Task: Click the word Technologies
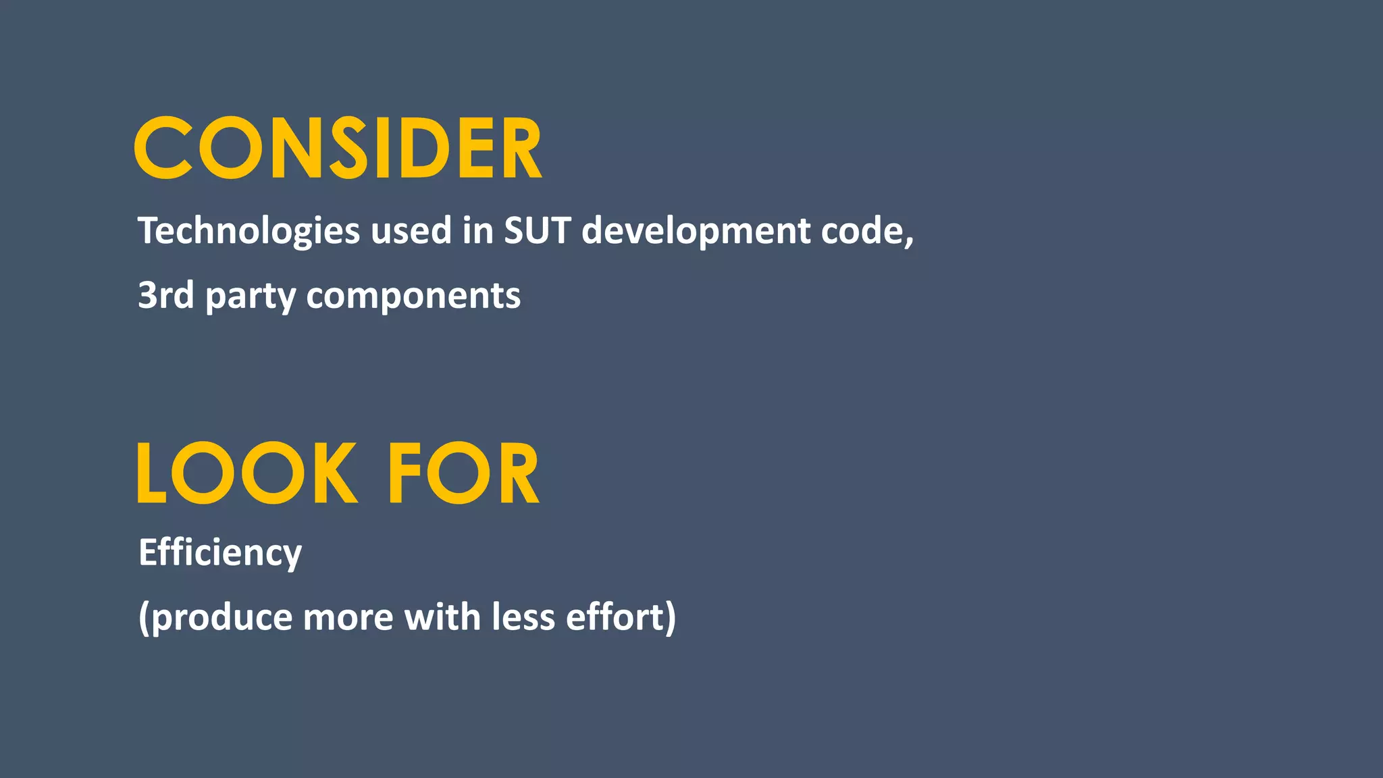pyautogui.click(x=249, y=231)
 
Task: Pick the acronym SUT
pyautogui.click(x=538, y=231)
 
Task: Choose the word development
pyautogui.click(x=696, y=231)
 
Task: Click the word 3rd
pyautogui.click(x=166, y=295)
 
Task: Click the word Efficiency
pyautogui.click(x=220, y=553)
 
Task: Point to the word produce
pyautogui.click(x=222, y=618)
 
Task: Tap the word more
pyautogui.click(x=348, y=618)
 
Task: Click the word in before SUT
pyautogui.click(x=478, y=231)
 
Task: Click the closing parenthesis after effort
pyautogui.click(x=670, y=618)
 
